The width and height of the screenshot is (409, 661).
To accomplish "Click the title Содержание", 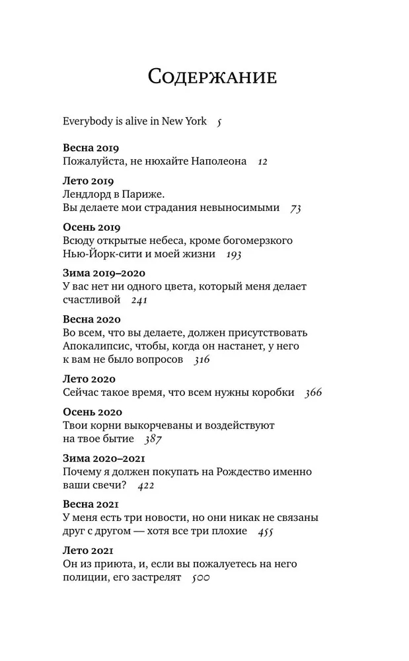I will coord(212,77).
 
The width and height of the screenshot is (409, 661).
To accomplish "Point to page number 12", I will coord(262,161).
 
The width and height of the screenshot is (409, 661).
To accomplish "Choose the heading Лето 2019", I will coord(88,181).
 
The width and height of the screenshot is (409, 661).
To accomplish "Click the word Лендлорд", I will coord(91,194).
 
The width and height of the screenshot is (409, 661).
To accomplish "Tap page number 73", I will coord(295,208).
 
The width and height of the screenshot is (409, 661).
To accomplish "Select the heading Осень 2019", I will coord(91,227).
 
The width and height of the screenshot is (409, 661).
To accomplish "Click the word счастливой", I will coord(92,300).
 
